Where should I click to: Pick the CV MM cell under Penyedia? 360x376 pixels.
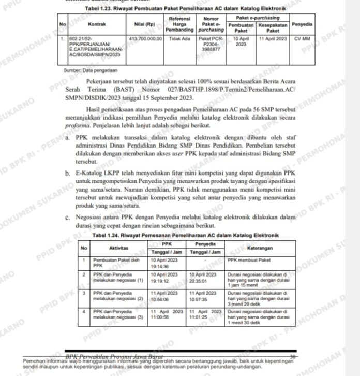302,39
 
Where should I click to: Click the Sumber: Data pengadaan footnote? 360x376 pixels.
91,69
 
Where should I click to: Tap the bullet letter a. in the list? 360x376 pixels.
68,138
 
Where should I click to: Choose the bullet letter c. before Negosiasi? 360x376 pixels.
68,218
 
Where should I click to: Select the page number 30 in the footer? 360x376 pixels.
292,356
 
